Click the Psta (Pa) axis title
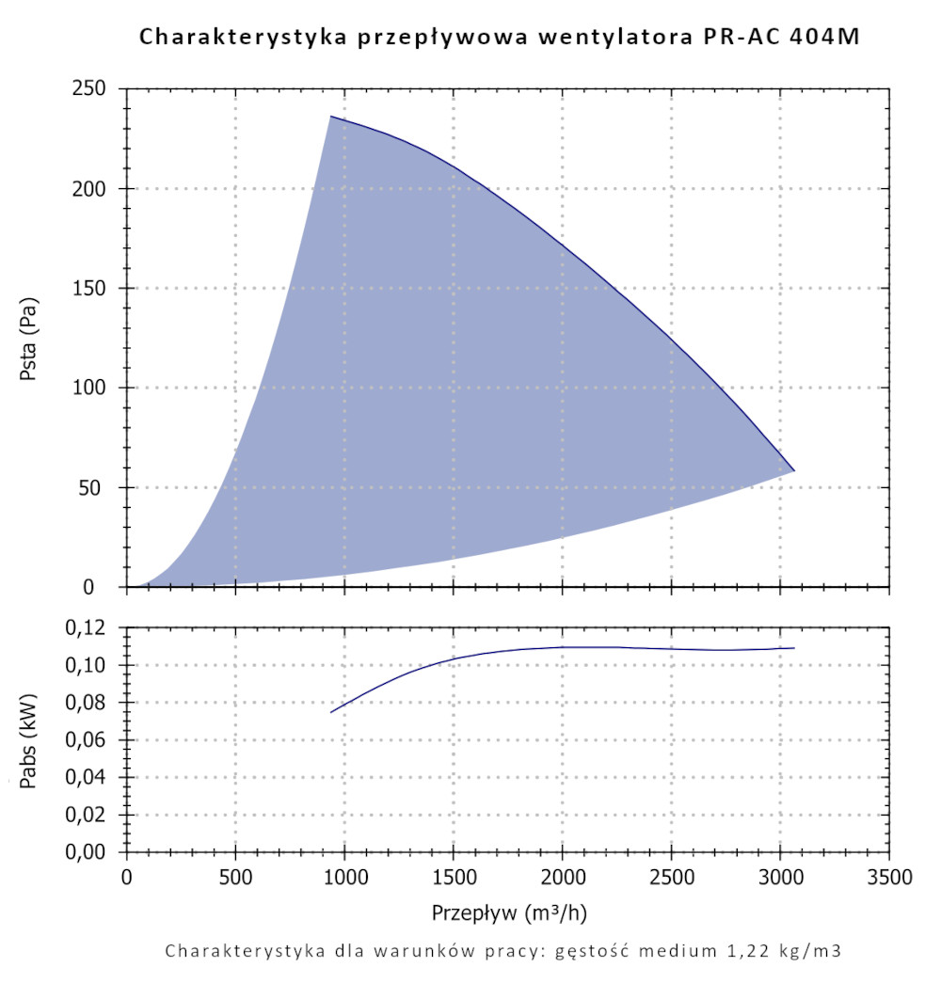point(29,339)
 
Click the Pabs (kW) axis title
point(29,740)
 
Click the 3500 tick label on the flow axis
point(889,879)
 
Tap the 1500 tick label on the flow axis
point(454,879)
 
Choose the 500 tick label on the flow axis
point(235,879)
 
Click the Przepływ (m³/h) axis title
point(509,912)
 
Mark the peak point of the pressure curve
point(330,117)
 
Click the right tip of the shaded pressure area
point(794,470)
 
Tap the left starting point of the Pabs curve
point(331,712)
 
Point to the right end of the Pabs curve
point(794,648)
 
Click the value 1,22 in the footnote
point(738,951)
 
